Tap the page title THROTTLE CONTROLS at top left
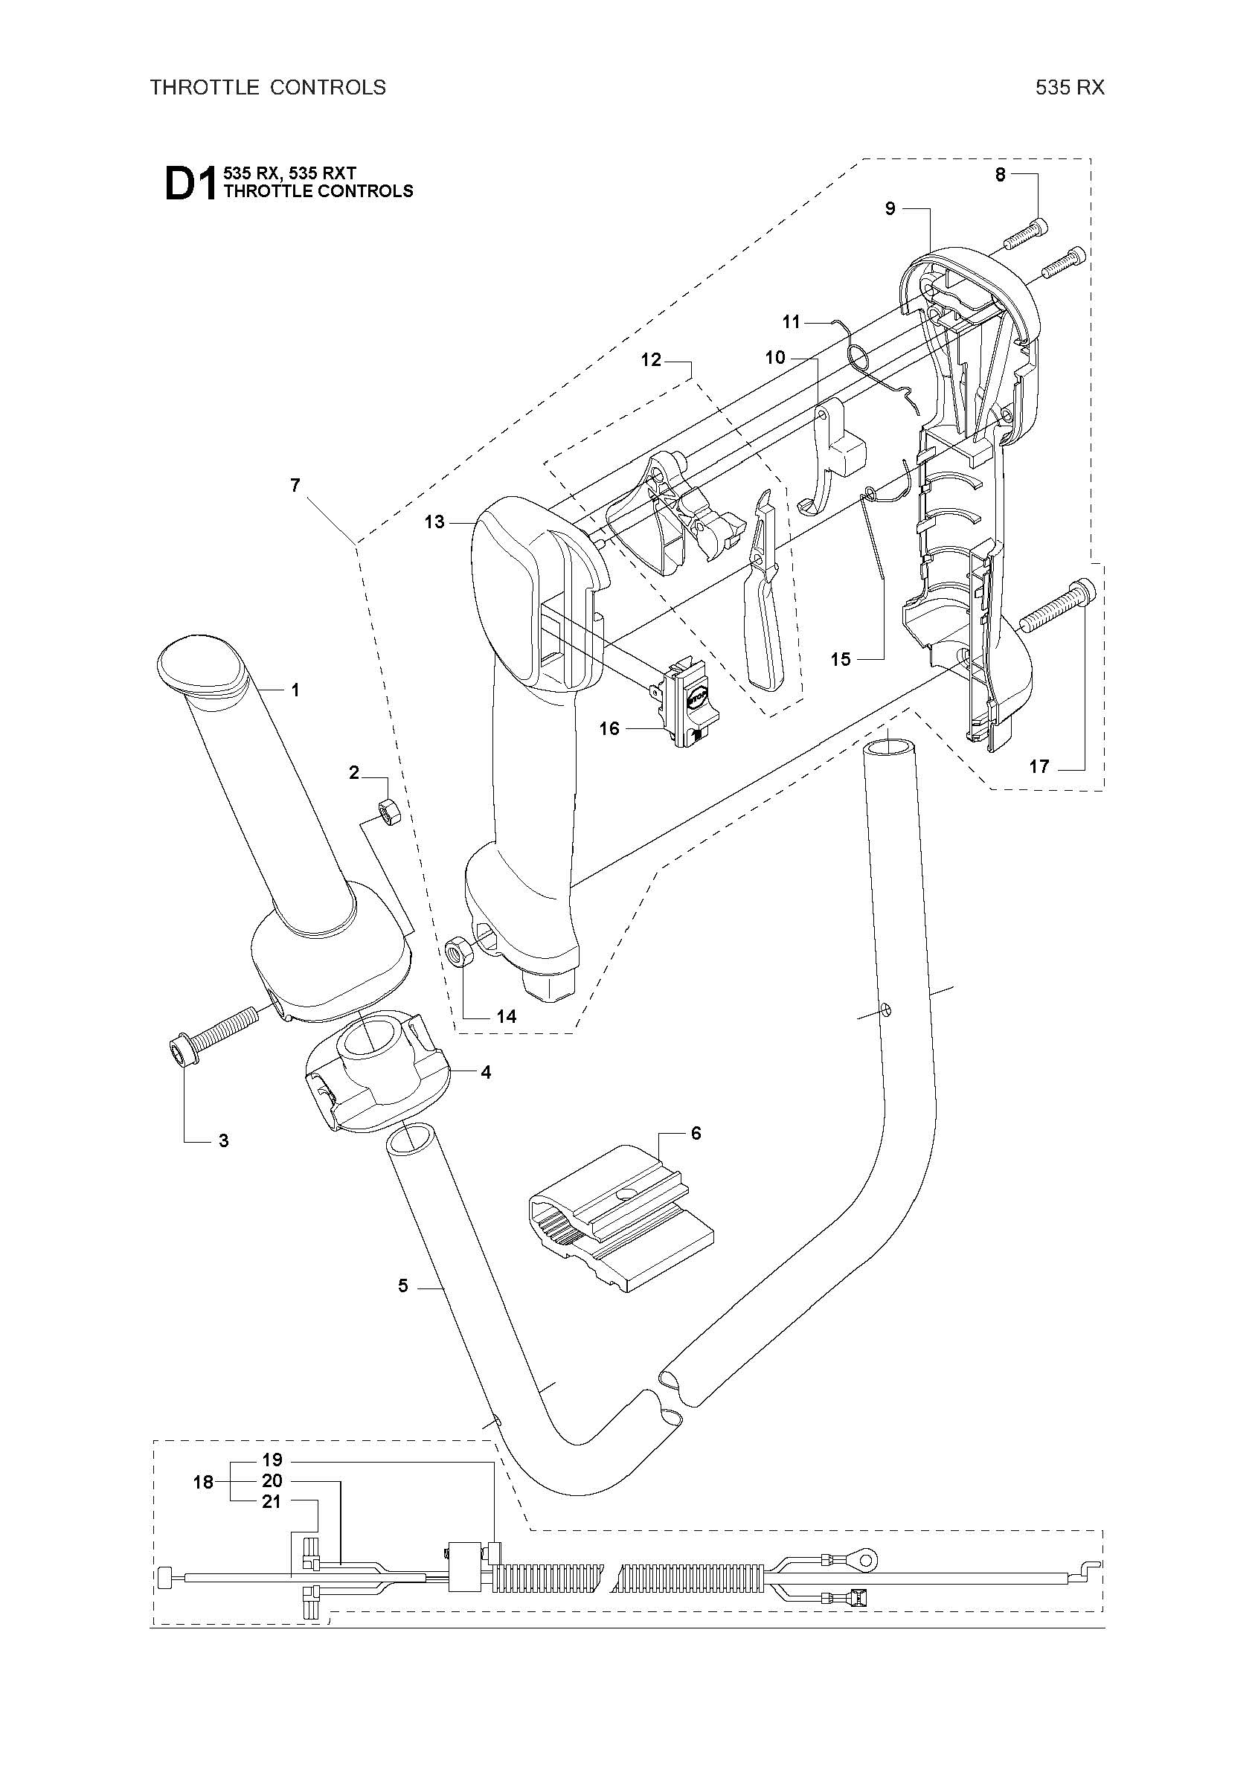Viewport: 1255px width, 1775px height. tap(268, 87)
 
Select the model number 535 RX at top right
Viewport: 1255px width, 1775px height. tap(1071, 87)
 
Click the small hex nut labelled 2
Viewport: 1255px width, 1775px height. tap(388, 812)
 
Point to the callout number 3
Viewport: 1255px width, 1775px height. tap(223, 1140)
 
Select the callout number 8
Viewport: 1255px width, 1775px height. tap(1000, 175)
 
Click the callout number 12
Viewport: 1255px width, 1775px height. tap(651, 359)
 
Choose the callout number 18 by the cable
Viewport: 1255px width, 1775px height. tap(203, 1483)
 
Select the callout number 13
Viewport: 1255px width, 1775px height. tap(434, 521)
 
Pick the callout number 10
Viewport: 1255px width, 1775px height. tap(775, 357)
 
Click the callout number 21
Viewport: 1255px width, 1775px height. tap(272, 1502)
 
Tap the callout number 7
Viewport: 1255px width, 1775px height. tap(295, 485)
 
